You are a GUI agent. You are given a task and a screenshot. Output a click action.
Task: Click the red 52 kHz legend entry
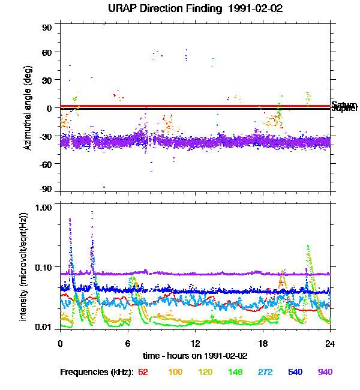click(x=143, y=372)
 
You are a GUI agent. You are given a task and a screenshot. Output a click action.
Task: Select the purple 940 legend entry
click(x=325, y=372)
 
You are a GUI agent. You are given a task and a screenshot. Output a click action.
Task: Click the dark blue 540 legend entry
click(x=295, y=372)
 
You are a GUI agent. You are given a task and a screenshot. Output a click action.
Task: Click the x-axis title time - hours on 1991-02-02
click(x=196, y=356)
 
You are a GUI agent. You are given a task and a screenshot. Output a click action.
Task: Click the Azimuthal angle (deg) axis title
click(x=28, y=109)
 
